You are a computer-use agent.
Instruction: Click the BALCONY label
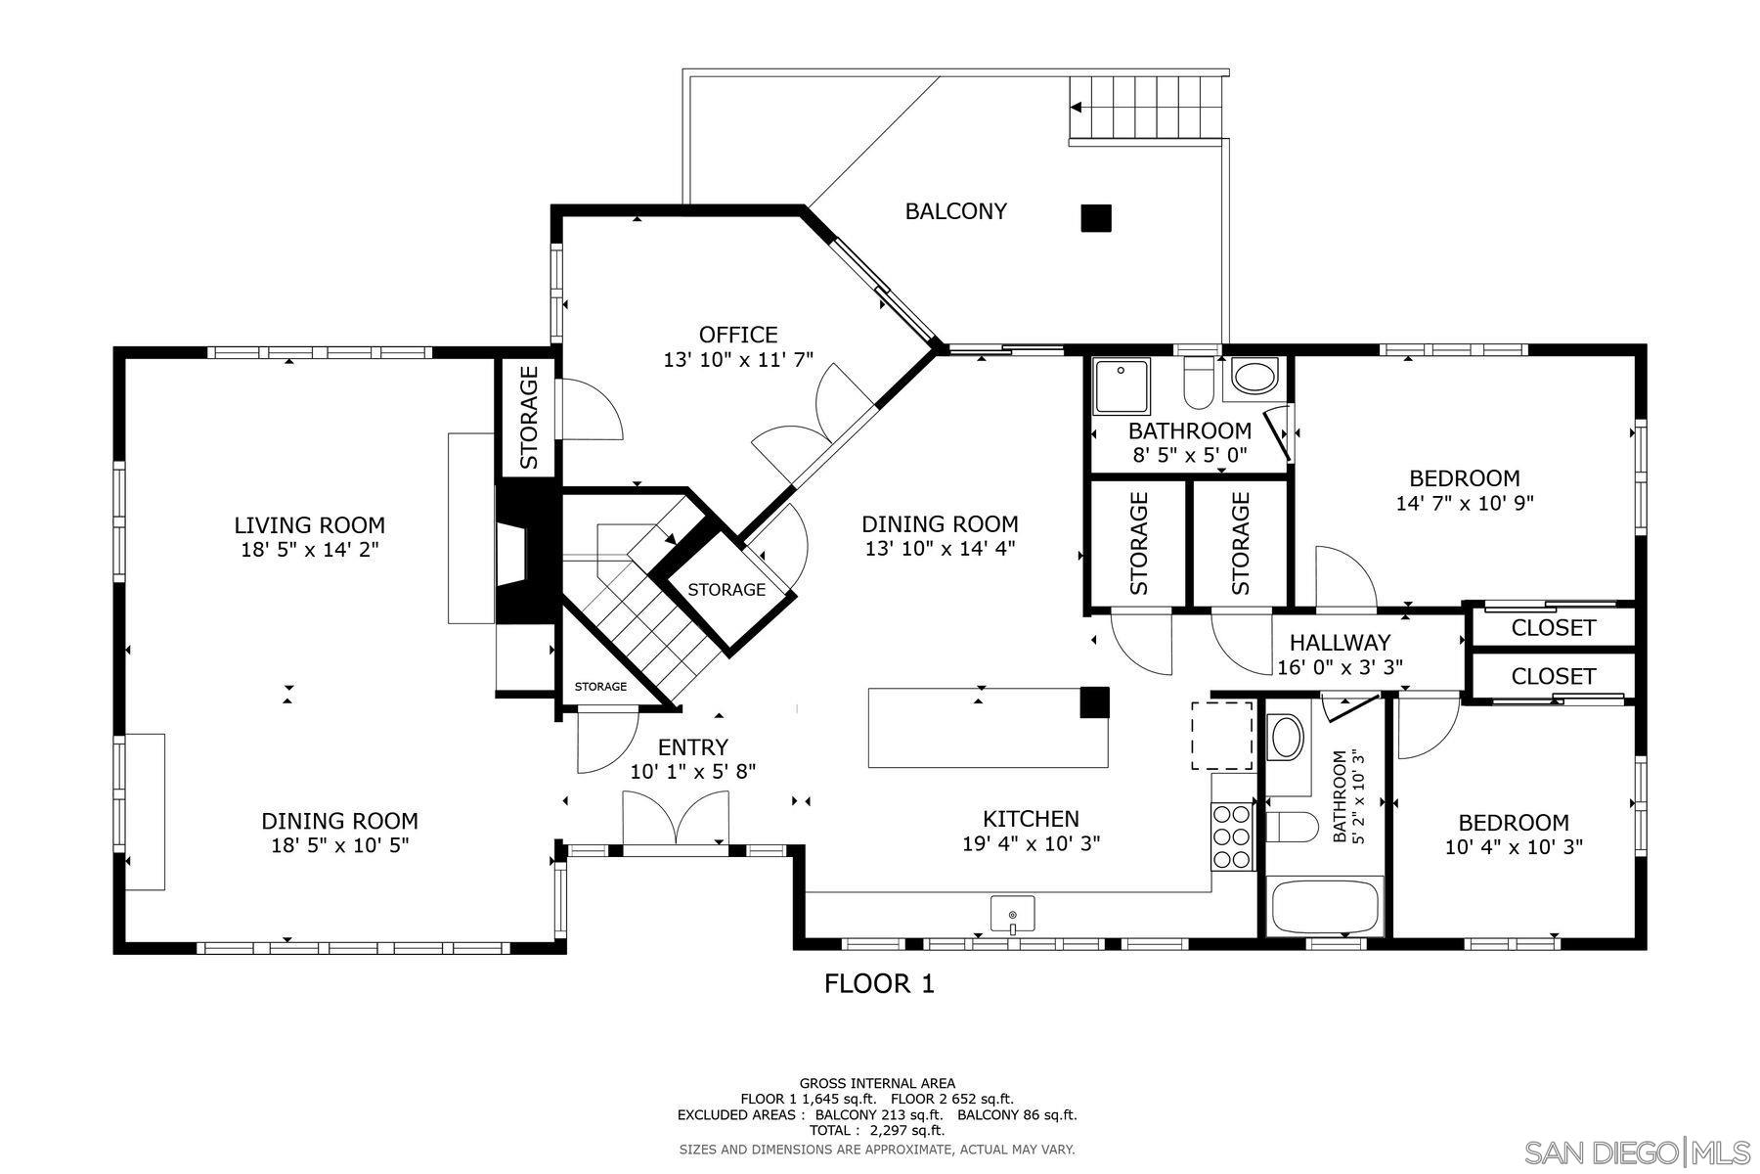(x=955, y=211)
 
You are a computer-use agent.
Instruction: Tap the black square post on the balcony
(x=1095, y=217)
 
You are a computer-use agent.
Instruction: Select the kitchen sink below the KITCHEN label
(x=1012, y=915)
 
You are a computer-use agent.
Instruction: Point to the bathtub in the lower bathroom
(x=1326, y=907)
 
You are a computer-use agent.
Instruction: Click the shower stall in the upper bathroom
(x=1122, y=384)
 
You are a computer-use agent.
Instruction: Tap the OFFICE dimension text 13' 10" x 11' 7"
(x=738, y=360)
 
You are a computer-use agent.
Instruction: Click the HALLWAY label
(x=1340, y=643)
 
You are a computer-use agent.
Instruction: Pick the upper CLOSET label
(x=1553, y=628)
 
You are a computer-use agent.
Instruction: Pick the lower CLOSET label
(x=1553, y=676)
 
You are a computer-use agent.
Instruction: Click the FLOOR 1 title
(x=879, y=983)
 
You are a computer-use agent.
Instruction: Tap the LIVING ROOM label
(x=309, y=525)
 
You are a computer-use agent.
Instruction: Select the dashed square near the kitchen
(x=1221, y=735)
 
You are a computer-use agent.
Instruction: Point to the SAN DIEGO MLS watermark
(x=1638, y=1151)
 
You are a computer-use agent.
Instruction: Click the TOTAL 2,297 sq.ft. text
(x=877, y=1130)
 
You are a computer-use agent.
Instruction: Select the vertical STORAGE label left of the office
(x=528, y=417)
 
